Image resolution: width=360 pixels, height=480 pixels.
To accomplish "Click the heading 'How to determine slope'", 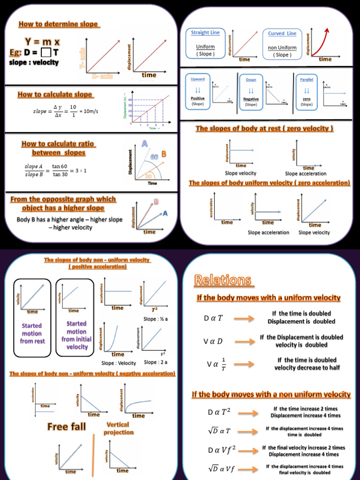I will click(58, 24).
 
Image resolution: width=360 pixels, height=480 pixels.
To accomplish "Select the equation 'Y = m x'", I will click(42, 42).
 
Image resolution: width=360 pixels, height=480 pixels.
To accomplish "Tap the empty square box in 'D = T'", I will click(46, 52).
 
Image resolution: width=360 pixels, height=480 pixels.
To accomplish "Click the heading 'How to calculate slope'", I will click(55, 94).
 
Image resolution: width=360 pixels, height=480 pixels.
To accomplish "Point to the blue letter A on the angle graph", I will click(145, 143).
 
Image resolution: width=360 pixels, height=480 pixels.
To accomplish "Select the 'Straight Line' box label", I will click(205, 32).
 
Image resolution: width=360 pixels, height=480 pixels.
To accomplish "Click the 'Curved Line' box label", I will click(282, 33).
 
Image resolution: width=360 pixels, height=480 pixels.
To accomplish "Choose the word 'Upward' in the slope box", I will click(198, 79).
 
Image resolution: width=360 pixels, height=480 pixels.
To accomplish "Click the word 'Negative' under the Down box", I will click(251, 99).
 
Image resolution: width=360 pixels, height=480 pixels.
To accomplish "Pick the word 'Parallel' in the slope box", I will click(307, 79).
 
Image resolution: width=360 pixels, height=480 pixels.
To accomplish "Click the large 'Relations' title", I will click(223, 280).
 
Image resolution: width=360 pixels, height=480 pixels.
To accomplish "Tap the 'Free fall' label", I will click(67, 426).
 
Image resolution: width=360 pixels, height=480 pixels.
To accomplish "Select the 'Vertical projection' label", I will click(118, 428).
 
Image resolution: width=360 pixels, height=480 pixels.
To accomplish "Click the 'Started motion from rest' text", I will click(31, 333).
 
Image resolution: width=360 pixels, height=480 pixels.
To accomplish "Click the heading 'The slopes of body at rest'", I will click(264, 128).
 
